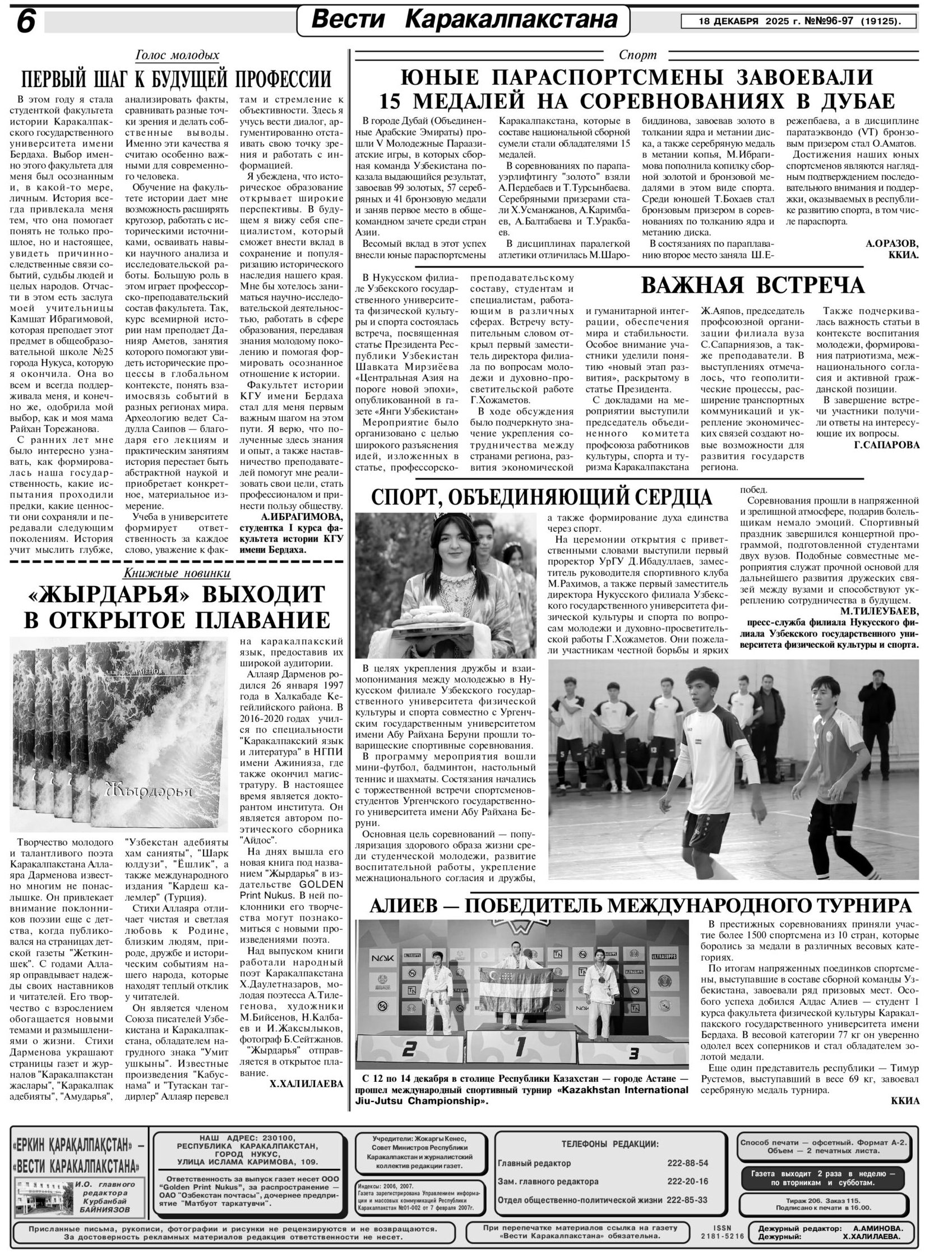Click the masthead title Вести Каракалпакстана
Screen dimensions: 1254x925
[x=462, y=21]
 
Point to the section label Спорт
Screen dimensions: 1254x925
[x=637, y=55]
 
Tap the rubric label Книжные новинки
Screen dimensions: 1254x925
[x=177, y=573]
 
